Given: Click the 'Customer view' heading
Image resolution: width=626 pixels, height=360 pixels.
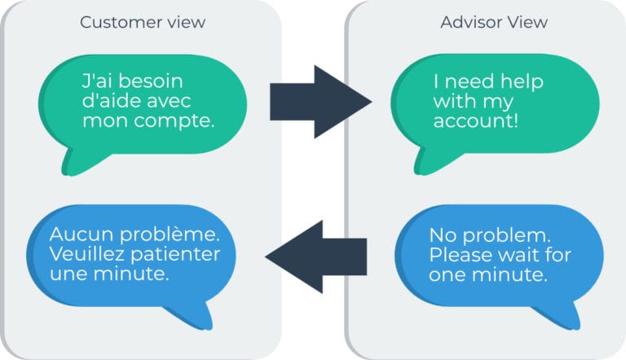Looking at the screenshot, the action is pyautogui.click(x=143, y=22).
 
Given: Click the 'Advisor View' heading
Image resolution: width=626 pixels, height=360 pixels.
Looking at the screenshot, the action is pyautogui.click(x=494, y=22).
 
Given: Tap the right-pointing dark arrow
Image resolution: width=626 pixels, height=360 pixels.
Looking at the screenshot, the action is pyautogui.click(x=321, y=102).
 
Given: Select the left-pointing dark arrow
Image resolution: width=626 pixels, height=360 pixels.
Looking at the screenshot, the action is pyautogui.click(x=315, y=257).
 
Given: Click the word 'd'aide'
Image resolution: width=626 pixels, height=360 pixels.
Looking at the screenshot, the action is pyautogui.click(x=108, y=101).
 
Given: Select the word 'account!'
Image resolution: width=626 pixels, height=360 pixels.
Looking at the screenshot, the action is pyautogui.click(x=475, y=121).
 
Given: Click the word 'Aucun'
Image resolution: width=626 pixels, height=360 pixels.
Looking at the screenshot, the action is pyautogui.click(x=82, y=235).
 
